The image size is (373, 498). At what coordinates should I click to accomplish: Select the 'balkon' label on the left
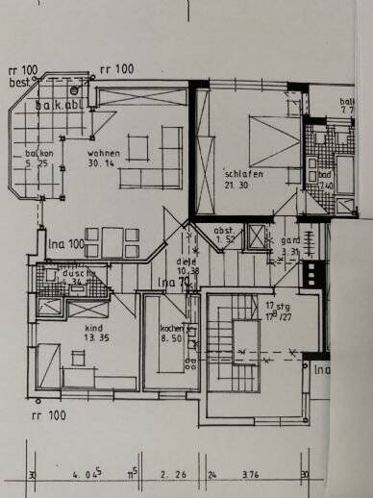point(38,152)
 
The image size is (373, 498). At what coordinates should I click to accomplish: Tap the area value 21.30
point(237,183)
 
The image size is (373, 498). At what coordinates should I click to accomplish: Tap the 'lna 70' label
point(173,282)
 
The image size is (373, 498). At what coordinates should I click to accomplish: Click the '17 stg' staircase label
point(277,305)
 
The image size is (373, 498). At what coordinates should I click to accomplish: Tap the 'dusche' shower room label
point(75,273)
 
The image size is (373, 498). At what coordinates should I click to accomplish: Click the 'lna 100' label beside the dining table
point(66,246)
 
